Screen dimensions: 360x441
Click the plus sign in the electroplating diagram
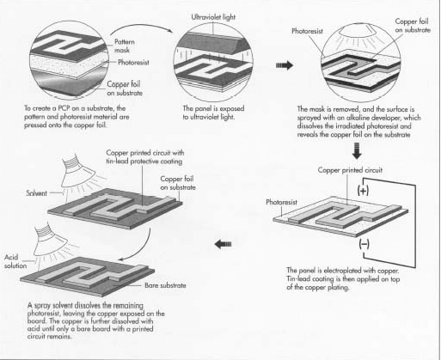(361, 191)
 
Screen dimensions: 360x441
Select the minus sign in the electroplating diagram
(362, 245)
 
